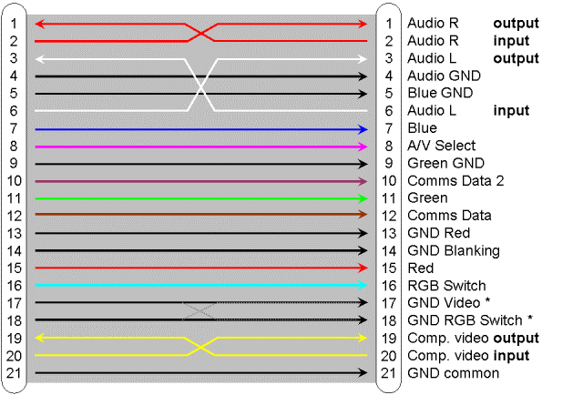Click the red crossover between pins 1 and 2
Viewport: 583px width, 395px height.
coord(200,33)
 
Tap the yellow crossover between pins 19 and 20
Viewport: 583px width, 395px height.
coord(200,347)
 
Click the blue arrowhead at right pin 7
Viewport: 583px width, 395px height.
coord(363,129)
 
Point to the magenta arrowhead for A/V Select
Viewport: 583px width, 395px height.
coord(363,147)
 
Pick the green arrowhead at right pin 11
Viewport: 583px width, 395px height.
coord(363,198)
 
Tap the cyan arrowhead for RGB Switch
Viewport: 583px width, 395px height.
coord(363,286)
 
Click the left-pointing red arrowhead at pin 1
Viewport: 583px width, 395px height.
coord(40,25)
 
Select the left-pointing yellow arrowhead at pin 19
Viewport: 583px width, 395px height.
coord(40,338)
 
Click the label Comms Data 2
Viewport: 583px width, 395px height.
coord(455,181)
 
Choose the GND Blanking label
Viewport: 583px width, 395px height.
coord(454,251)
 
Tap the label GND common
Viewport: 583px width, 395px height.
coord(454,373)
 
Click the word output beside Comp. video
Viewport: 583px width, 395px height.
coord(517,339)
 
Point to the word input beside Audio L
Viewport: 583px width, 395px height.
coord(511,111)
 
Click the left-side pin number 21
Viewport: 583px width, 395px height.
coord(15,373)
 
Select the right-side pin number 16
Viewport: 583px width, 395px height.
coord(389,286)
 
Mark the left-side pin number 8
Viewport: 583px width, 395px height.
coord(14,146)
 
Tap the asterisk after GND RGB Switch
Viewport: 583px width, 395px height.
coord(530,319)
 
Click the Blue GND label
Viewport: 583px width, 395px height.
coord(440,93)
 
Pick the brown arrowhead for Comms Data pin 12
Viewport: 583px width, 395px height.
coord(363,215)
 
